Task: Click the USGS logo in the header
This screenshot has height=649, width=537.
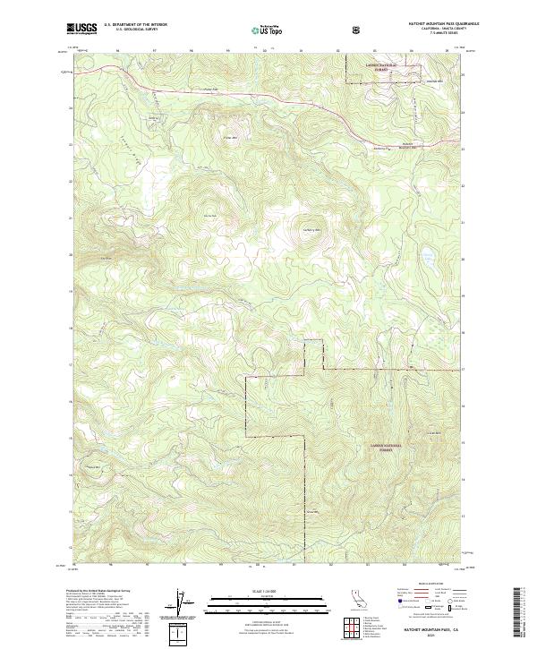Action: tap(81, 29)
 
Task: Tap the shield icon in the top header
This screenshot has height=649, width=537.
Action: tap(358, 29)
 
